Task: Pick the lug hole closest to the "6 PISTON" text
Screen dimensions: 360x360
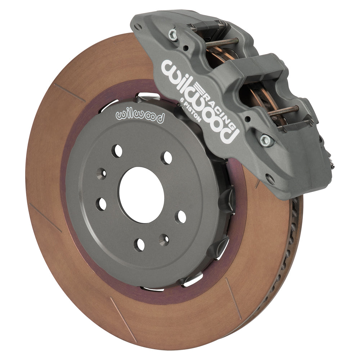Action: [x=167, y=157]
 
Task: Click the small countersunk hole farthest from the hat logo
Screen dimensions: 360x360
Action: [x=164, y=239]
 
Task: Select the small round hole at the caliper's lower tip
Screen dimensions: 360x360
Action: [x=267, y=176]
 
